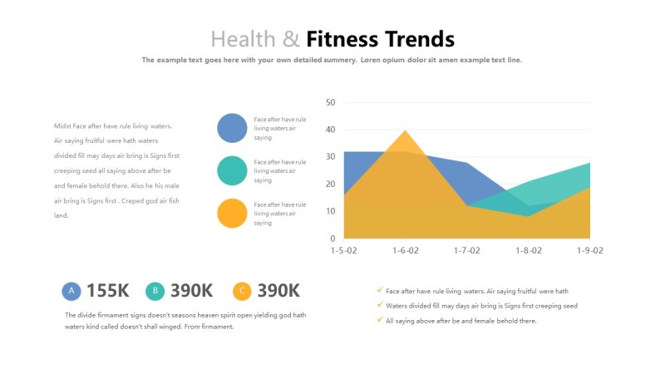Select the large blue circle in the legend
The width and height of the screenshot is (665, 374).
(x=232, y=128)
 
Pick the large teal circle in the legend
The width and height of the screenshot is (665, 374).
(x=232, y=170)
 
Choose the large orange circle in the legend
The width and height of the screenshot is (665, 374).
(x=232, y=213)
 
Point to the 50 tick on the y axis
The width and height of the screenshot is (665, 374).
(x=329, y=103)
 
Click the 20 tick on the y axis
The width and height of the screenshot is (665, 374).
(x=329, y=185)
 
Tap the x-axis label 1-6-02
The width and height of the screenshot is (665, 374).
(x=404, y=250)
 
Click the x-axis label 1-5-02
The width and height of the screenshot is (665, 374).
(x=344, y=250)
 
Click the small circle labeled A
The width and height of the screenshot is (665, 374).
(x=71, y=291)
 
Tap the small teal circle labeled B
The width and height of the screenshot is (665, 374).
(x=155, y=291)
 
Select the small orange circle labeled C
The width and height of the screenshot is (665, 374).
(x=242, y=291)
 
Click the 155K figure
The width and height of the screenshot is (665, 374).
(x=108, y=291)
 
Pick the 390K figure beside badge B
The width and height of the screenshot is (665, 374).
(x=192, y=291)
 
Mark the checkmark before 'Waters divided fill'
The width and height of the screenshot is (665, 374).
(x=380, y=305)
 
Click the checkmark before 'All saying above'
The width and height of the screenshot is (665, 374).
(x=380, y=320)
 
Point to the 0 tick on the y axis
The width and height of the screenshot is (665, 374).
(x=332, y=239)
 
